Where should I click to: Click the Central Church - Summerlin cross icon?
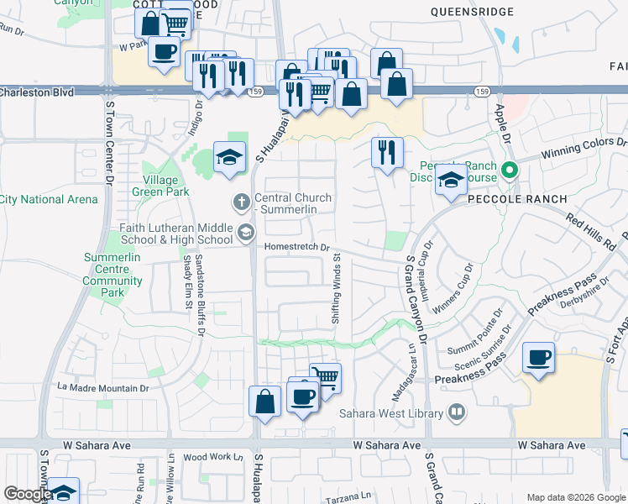[240, 202]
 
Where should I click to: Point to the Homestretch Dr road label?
[294, 247]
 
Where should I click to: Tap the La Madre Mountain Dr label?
[102, 387]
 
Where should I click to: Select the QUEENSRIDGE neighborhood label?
[470, 12]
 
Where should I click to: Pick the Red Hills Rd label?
[589, 228]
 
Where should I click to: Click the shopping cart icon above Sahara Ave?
[325, 377]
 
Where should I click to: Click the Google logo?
[27, 494]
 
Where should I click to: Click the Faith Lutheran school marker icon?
[246, 233]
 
